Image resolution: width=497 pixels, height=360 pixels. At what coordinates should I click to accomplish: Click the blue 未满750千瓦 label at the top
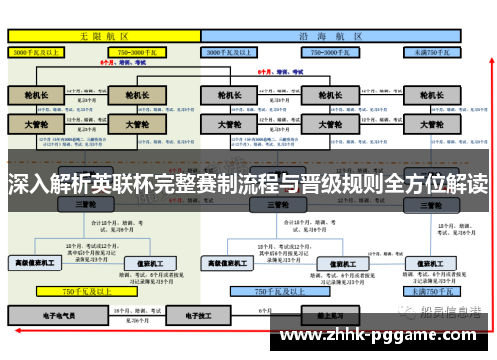point(432,49)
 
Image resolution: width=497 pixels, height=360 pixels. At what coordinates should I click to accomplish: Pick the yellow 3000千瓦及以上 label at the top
point(40,49)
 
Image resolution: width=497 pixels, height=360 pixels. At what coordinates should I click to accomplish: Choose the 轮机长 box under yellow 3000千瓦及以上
point(36,97)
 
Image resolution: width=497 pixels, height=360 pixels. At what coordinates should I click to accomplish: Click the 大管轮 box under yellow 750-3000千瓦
point(137,126)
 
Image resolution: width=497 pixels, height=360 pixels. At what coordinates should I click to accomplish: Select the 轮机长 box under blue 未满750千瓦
point(434,97)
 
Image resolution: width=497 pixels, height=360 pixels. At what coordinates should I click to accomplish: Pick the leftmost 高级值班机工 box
point(37,263)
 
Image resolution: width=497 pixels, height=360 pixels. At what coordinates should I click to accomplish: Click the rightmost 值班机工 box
point(433,263)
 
